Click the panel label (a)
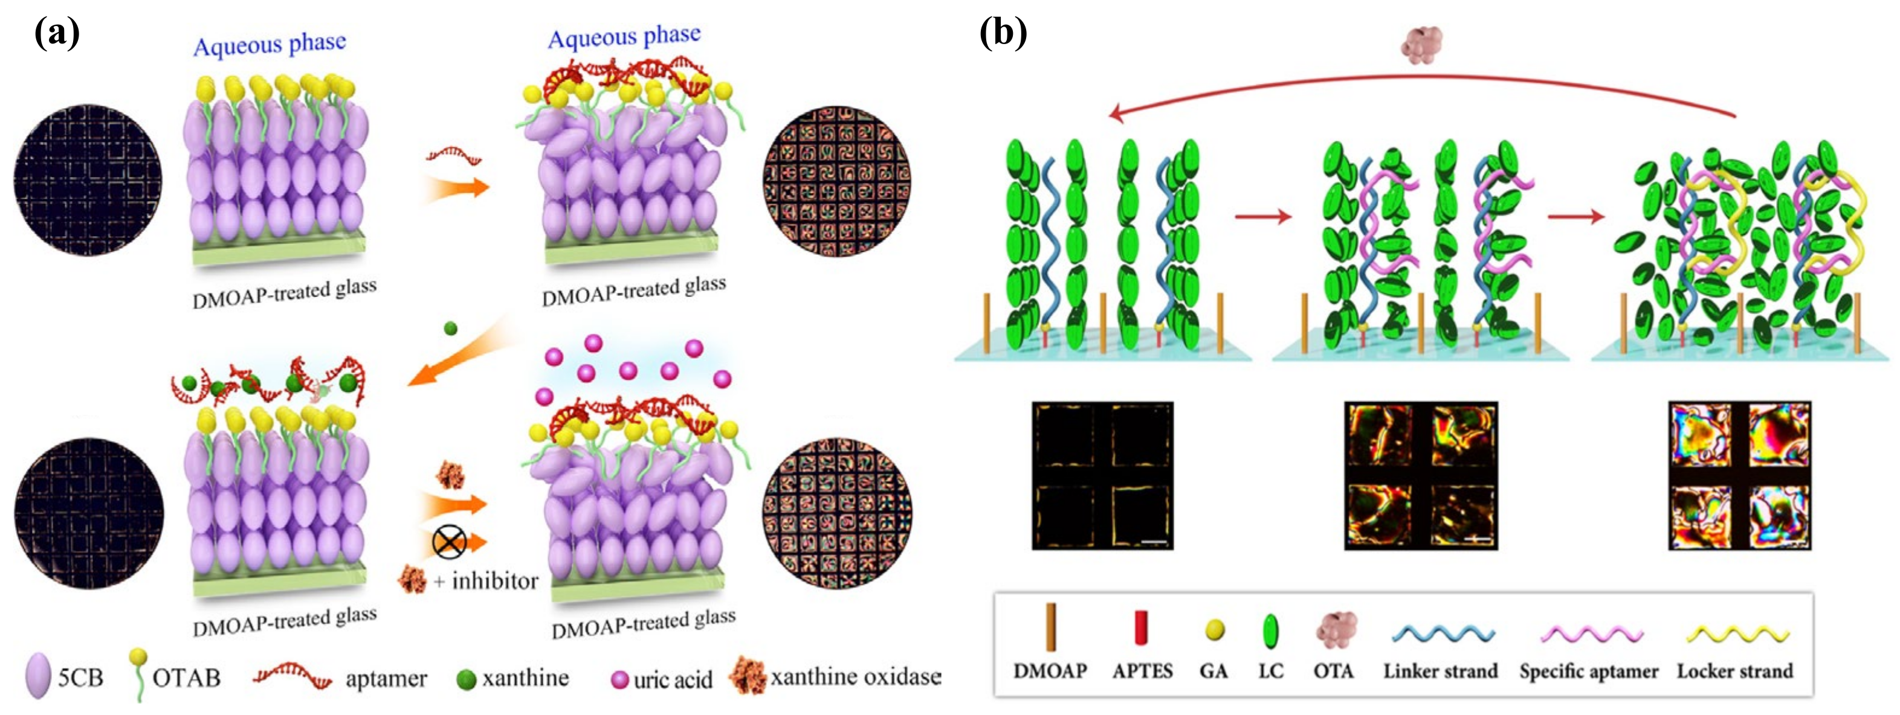pyautogui.click(x=57, y=33)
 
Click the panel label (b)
pyautogui.click(x=1003, y=33)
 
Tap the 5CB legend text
pyautogui.click(x=80, y=678)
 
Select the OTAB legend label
pyautogui.click(x=186, y=678)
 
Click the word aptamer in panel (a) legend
pyautogui.click(x=386, y=678)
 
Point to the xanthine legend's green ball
pyautogui.click(x=466, y=679)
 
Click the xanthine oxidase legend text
pyautogui.click(x=856, y=677)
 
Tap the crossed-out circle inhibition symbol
pyautogui.click(x=448, y=542)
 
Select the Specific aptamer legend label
pyautogui.click(x=1588, y=672)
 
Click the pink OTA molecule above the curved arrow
pyautogui.click(x=1421, y=44)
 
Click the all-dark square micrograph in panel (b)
pyautogui.click(x=1102, y=475)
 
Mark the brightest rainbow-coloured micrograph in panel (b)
pyautogui.click(x=1739, y=475)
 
